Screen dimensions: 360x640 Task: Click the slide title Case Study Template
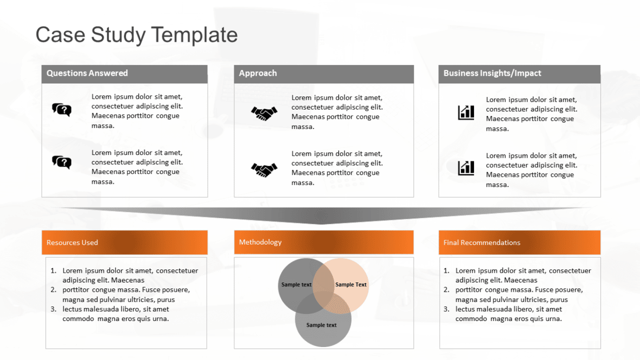[x=137, y=35]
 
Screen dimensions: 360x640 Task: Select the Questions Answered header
[x=87, y=73]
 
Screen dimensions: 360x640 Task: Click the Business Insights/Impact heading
[x=492, y=73]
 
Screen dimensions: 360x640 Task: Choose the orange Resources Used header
[x=72, y=242]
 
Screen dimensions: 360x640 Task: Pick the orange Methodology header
[x=260, y=242]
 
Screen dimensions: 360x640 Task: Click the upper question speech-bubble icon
[x=62, y=110]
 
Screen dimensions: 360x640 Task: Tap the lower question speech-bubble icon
[x=62, y=162]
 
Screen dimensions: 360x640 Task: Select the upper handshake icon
[x=264, y=113]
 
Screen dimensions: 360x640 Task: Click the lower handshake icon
[x=264, y=170]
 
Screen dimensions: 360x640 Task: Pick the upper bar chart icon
[x=466, y=113]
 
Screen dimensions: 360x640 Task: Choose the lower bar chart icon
[x=466, y=168]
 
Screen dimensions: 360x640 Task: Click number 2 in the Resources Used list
[x=54, y=290]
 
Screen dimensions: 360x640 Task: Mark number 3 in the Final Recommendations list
[x=446, y=309]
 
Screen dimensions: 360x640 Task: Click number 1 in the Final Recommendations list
[x=446, y=271]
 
